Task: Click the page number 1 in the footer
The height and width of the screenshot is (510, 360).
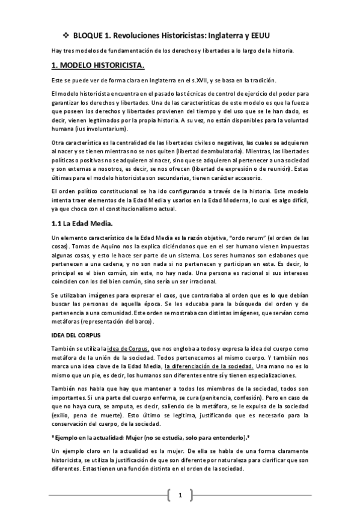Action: pos(179,496)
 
